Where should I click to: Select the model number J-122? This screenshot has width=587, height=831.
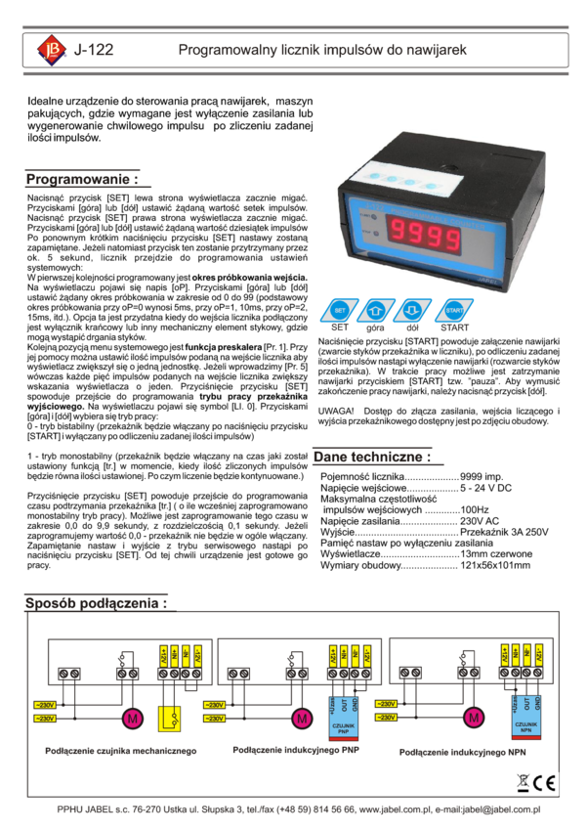point(94,50)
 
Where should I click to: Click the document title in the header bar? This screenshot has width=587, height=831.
point(322,50)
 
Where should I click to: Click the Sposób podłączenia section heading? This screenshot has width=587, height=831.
point(95,603)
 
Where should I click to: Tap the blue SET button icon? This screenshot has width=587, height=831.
point(340,310)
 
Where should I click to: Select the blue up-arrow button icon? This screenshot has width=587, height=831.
point(376,310)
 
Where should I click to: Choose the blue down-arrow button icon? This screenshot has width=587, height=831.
point(411,310)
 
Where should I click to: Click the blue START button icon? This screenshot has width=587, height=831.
point(453,310)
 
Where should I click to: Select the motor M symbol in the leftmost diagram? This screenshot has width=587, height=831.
point(131,719)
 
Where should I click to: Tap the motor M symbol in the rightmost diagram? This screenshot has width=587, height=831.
point(474,719)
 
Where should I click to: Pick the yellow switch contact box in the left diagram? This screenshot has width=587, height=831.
point(173,719)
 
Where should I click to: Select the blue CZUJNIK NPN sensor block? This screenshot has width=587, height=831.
point(527,721)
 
